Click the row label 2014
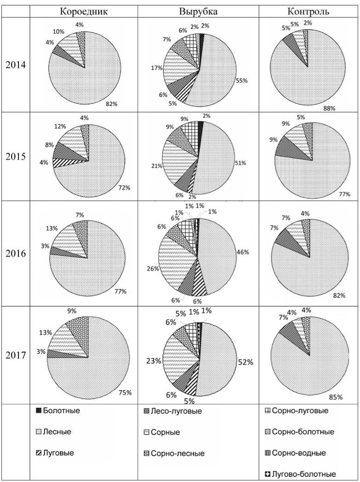coord(16,64)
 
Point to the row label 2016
coord(16,254)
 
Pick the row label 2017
coord(16,355)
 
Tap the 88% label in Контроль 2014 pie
coord(329,108)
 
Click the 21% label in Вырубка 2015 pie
coord(155,165)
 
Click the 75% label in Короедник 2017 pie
coord(125,392)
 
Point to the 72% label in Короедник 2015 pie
coord(125,188)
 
